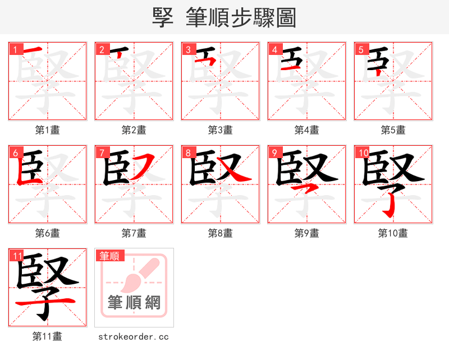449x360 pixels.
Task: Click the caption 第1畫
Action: tap(48, 130)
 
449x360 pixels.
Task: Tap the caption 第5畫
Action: tap(393, 130)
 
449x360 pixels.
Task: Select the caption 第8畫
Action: tap(221, 233)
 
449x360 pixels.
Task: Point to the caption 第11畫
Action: tap(48, 336)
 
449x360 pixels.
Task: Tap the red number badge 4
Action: tap(275, 49)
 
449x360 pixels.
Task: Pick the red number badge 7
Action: tap(102, 153)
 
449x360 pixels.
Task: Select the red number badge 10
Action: tap(363, 153)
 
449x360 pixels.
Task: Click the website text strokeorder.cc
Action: tap(134, 336)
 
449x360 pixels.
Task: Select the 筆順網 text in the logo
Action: tap(134, 303)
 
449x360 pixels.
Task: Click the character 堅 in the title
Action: tap(163, 17)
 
